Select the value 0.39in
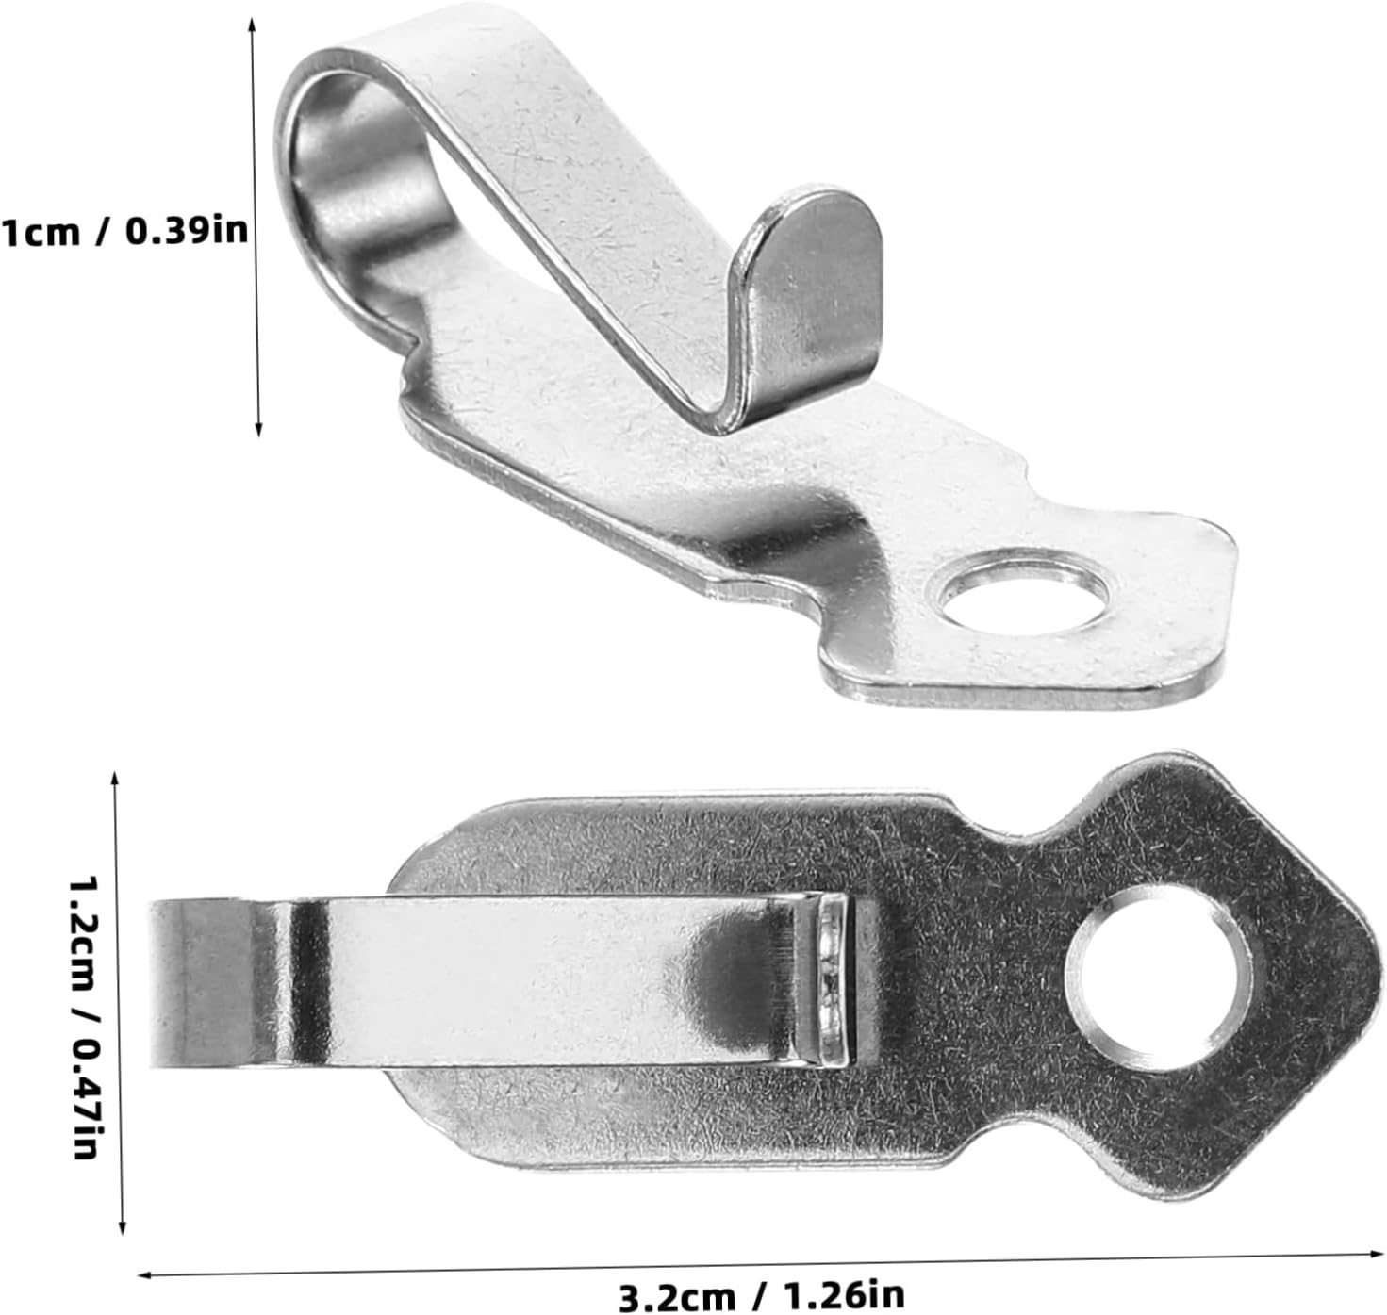[186, 230]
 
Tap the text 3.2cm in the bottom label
[677, 1292]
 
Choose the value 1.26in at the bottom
[842, 1292]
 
